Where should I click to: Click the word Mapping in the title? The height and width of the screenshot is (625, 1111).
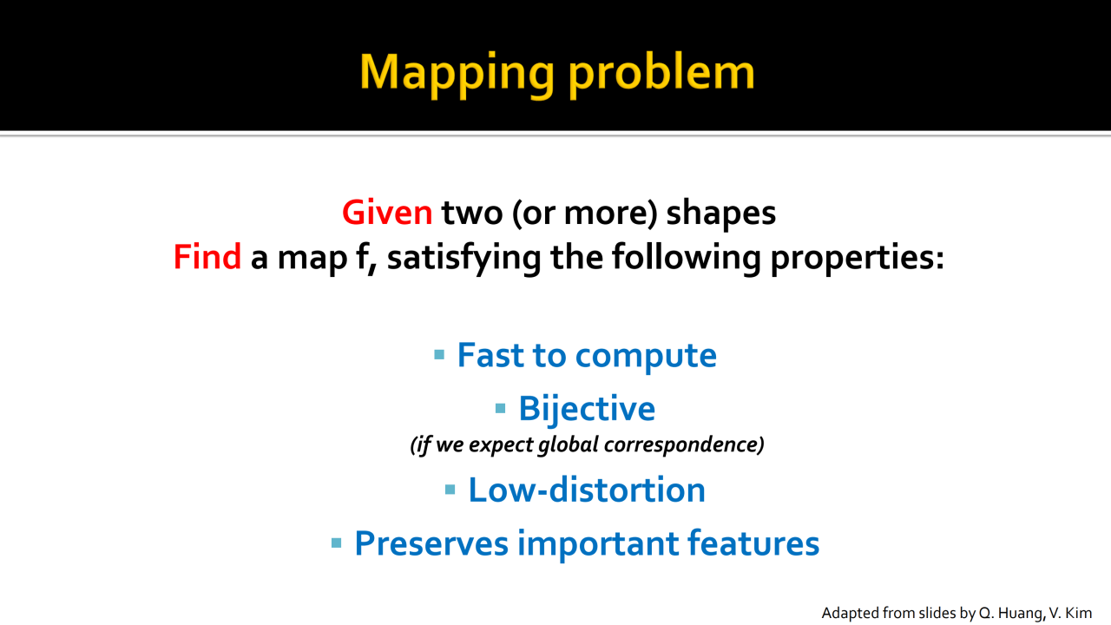tap(457, 75)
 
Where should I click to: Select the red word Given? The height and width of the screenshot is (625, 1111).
tap(387, 213)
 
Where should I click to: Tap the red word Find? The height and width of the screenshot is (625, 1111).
tap(207, 256)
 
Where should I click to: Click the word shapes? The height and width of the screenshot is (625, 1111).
tap(720, 214)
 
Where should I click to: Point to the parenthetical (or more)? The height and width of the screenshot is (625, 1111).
tap(585, 214)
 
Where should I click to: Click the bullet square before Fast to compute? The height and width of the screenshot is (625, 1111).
tap(439, 355)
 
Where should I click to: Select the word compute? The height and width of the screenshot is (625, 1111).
tap(646, 357)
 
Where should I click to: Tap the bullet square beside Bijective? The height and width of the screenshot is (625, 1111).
tap(501, 408)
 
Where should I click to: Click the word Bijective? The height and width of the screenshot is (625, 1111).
tap(587, 409)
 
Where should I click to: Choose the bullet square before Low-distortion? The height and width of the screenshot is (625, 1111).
tap(450, 490)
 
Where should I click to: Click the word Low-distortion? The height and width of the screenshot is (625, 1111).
tap(587, 490)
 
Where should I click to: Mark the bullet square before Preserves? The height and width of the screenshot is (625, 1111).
tap(336, 543)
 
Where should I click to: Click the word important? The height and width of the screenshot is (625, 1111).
tap(598, 544)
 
